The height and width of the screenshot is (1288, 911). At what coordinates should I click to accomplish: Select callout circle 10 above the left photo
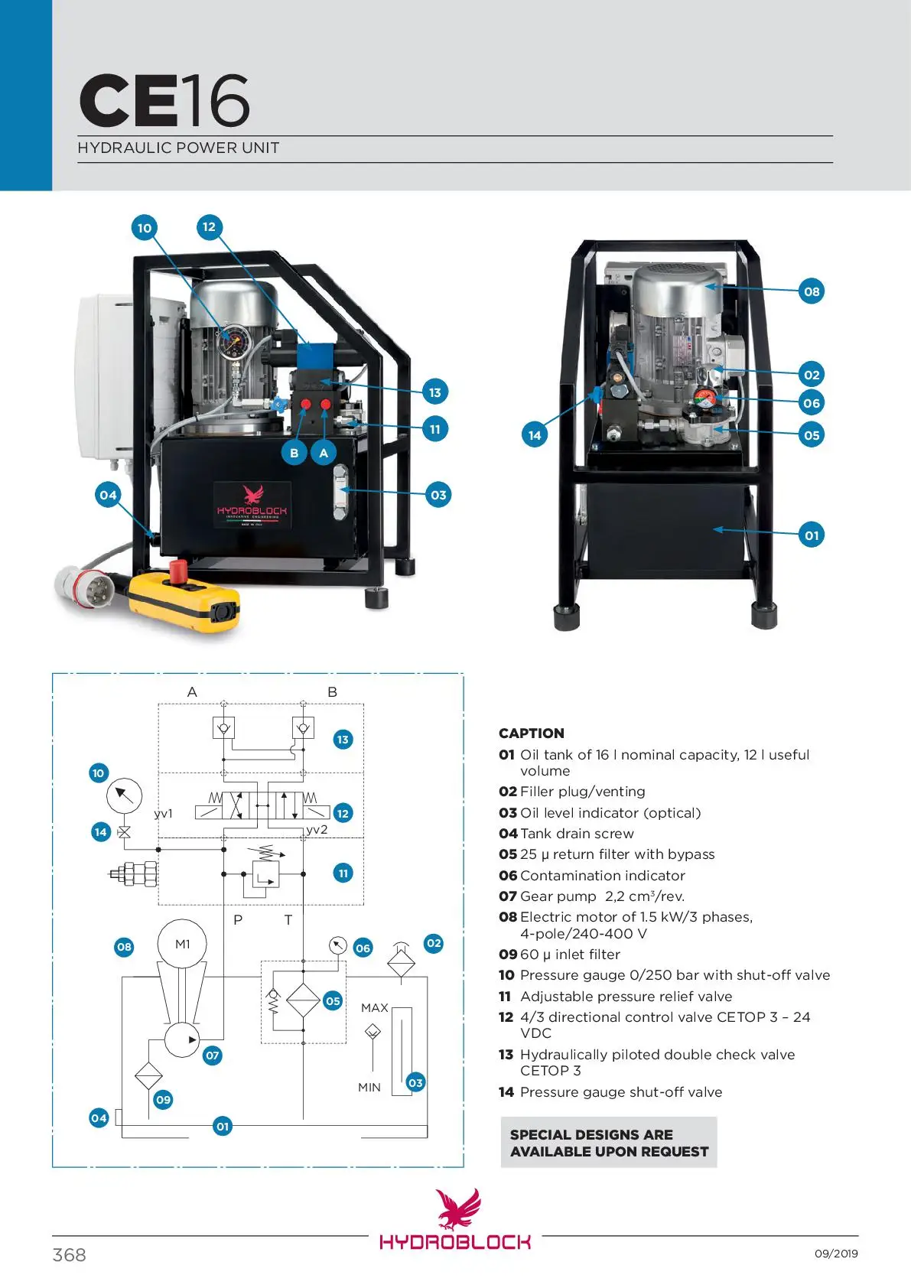[x=144, y=228]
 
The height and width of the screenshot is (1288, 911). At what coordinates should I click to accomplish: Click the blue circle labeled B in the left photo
[x=294, y=453]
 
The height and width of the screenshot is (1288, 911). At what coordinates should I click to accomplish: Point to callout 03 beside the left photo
[x=438, y=495]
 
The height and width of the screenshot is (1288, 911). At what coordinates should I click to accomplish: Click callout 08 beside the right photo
[x=812, y=291]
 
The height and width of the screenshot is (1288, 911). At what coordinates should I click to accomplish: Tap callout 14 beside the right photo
[x=535, y=435]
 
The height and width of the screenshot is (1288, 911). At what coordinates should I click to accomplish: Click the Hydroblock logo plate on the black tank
[x=252, y=505]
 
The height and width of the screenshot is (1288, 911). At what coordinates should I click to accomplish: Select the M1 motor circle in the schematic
[x=182, y=945]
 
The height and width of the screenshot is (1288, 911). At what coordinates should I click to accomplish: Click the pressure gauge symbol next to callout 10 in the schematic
[x=124, y=795]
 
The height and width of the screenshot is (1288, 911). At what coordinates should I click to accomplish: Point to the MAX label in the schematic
[x=375, y=1008]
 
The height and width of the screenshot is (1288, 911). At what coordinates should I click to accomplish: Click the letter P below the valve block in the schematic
[x=238, y=920]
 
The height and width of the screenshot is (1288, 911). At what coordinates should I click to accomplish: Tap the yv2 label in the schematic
[x=317, y=829]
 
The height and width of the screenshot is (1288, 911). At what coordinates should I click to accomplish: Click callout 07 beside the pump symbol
[x=212, y=1055]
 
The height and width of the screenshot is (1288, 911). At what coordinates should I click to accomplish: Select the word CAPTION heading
[x=532, y=733]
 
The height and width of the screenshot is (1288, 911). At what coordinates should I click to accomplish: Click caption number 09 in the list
[x=508, y=955]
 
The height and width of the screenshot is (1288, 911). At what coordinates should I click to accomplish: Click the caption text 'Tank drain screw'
[x=577, y=834]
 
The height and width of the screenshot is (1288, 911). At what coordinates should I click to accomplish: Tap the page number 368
[x=69, y=1254]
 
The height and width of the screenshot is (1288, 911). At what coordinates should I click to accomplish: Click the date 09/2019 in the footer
[x=836, y=1254]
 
